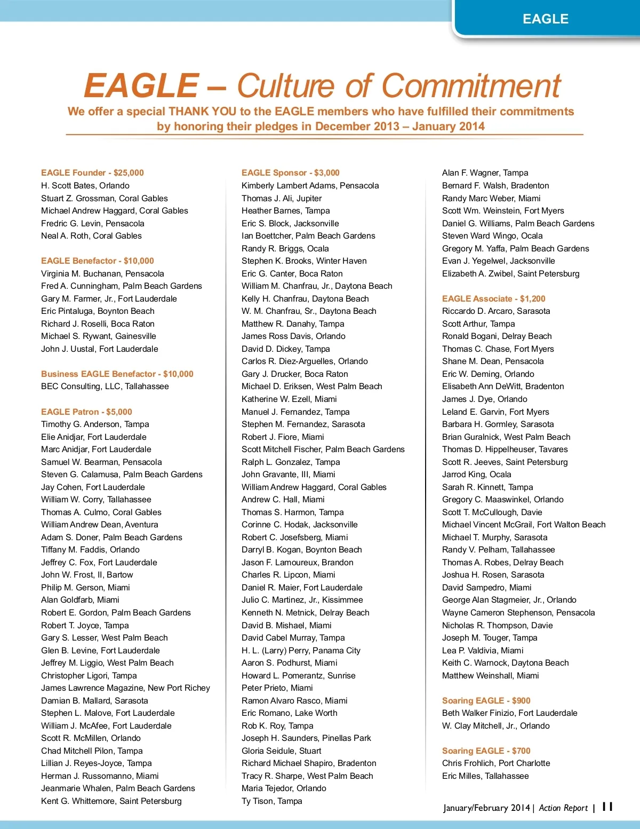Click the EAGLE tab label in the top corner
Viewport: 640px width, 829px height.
pyautogui.click(x=545, y=19)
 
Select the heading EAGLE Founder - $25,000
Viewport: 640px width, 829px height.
pyautogui.click(x=92, y=173)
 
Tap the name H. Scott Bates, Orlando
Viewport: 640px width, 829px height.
pyautogui.click(x=85, y=186)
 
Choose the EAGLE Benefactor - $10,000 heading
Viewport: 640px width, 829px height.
pyautogui.click(x=98, y=261)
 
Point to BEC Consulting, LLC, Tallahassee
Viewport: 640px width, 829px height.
pyautogui.click(x=105, y=386)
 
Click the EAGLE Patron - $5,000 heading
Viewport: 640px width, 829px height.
pyautogui.click(x=86, y=412)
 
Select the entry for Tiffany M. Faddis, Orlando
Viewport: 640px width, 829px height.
pyautogui.click(x=90, y=550)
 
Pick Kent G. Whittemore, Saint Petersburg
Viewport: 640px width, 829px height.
pyautogui.click(x=111, y=801)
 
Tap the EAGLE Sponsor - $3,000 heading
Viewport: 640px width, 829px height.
pyautogui.click(x=291, y=173)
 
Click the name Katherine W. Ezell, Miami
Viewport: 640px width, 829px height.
pyautogui.click(x=289, y=399)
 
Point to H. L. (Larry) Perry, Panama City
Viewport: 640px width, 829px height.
pyautogui.click(x=301, y=651)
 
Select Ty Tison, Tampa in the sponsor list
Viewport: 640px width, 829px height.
pyautogui.click(x=272, y=801)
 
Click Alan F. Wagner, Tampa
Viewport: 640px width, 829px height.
pyautogui.click(x=485, y=173)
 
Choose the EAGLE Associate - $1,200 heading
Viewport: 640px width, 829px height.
pyautogui.click(x=494, y=299)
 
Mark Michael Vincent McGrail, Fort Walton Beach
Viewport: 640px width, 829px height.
pyautogui.click(x=524, y=525)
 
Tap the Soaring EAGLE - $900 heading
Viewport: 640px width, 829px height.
pyautogui.click(x=486, y=701)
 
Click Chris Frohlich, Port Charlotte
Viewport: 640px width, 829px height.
pyautogui.click(x=496, y=763)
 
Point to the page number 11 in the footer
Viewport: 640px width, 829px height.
pyautogui.click(x=607, y=807)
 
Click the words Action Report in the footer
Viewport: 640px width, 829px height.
pyautogui.click(x=563, y=808)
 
